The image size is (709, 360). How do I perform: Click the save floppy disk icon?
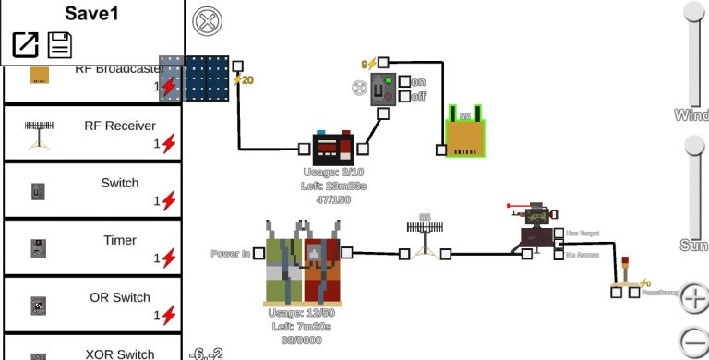tap(60, 44)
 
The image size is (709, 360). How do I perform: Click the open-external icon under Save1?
tap(25, 44)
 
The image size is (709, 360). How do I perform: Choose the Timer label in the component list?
tap(119, 240)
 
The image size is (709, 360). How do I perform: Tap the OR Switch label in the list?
tap(119, 297)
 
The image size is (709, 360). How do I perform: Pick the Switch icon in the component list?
tap(38, 191)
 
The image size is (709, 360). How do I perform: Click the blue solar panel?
tap(206, 78)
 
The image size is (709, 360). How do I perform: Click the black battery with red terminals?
tap(332, 149)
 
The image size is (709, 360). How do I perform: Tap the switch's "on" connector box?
tap(404, 82)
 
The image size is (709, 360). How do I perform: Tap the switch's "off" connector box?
tap(404, 96)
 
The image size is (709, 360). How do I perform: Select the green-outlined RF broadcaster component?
tap(465, 134)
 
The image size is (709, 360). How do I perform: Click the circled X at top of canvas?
tap(205, 20)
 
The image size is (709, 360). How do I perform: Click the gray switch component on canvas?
tap(383, 89)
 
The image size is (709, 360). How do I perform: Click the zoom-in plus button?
tap(694, 298)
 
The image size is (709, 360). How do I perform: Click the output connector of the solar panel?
tap(238, 66)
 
